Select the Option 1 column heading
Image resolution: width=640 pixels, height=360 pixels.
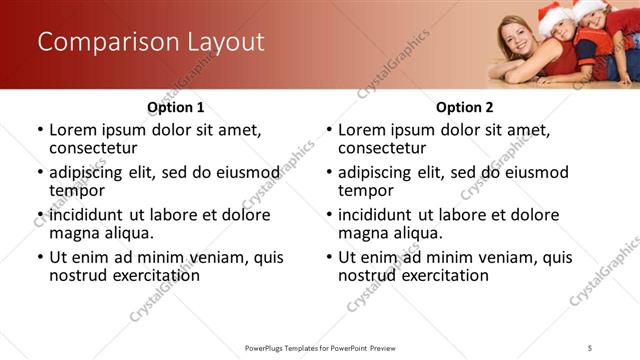click(175, 107)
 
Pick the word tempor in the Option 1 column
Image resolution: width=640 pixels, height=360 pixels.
click(73, 190)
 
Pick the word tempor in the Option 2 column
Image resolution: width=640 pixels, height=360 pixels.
click(362, 190)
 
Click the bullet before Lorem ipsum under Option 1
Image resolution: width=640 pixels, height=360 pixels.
click(40, 130)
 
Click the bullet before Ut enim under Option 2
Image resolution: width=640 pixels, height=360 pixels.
click(329, 257)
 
